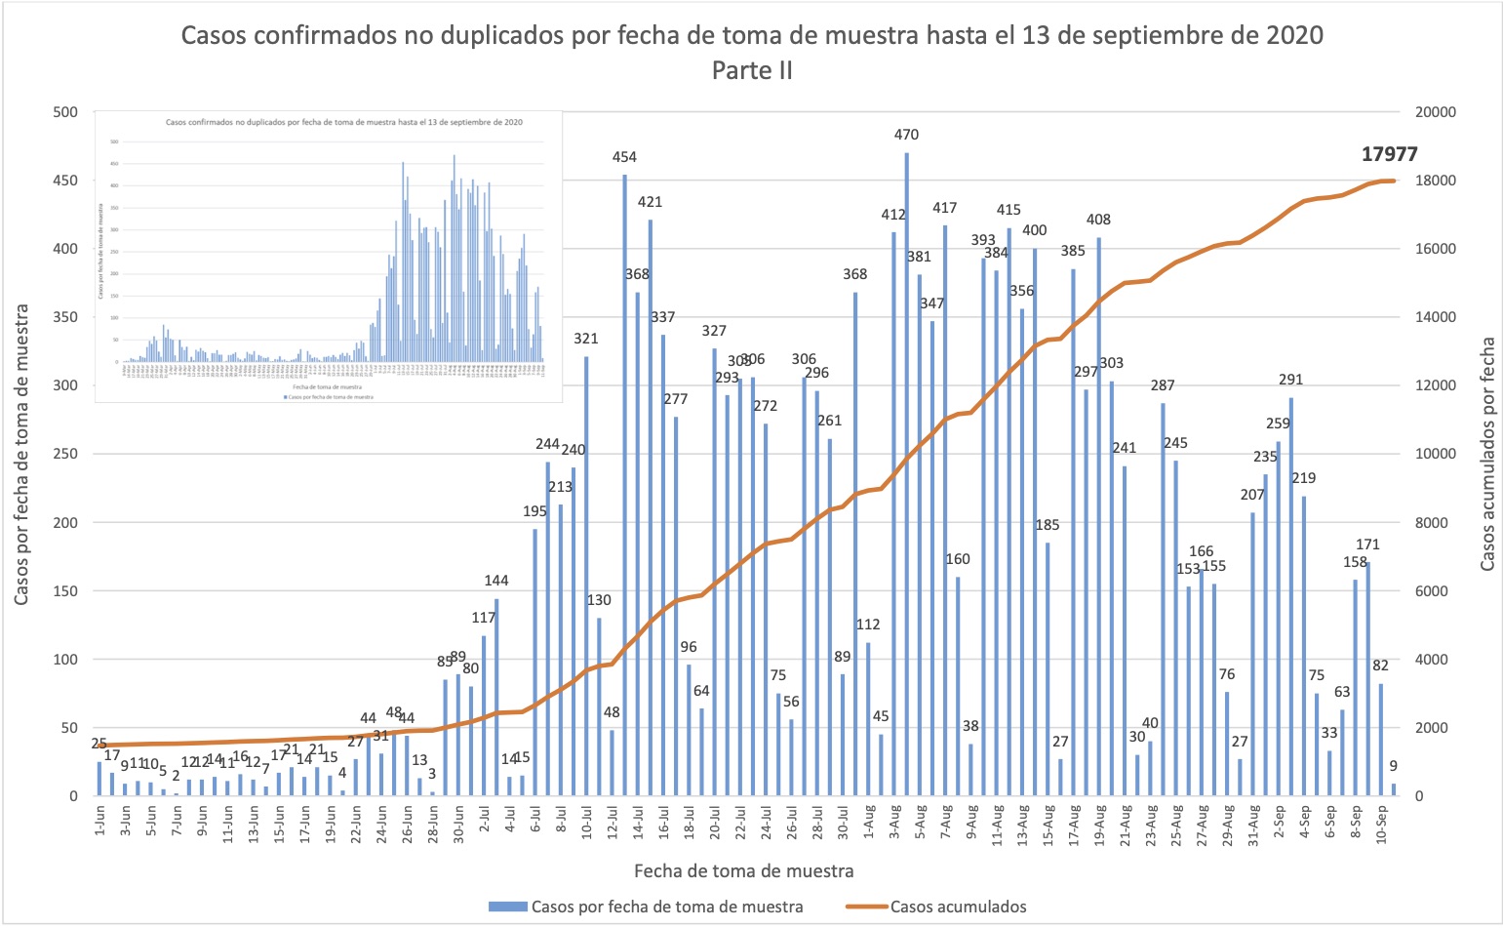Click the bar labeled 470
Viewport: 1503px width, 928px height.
[906, 474]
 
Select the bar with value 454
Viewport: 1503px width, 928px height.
[624, 485]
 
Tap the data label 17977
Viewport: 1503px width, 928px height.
[1390, 154]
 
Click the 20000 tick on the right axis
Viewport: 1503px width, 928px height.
[1435, 112]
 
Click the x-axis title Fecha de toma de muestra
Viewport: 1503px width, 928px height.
[743, 870]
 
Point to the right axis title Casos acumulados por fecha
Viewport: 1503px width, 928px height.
[1487, 454]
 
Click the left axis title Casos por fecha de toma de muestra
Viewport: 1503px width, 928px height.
[21, 454]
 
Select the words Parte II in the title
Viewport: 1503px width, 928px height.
[752, 70]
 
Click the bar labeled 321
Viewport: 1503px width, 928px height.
[586, 576]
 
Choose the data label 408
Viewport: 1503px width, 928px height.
[1098, 220]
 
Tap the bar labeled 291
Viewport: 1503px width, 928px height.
[1291, 596]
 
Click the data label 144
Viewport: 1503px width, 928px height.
[496, 581]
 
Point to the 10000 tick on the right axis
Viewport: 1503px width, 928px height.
[1435, 454]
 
